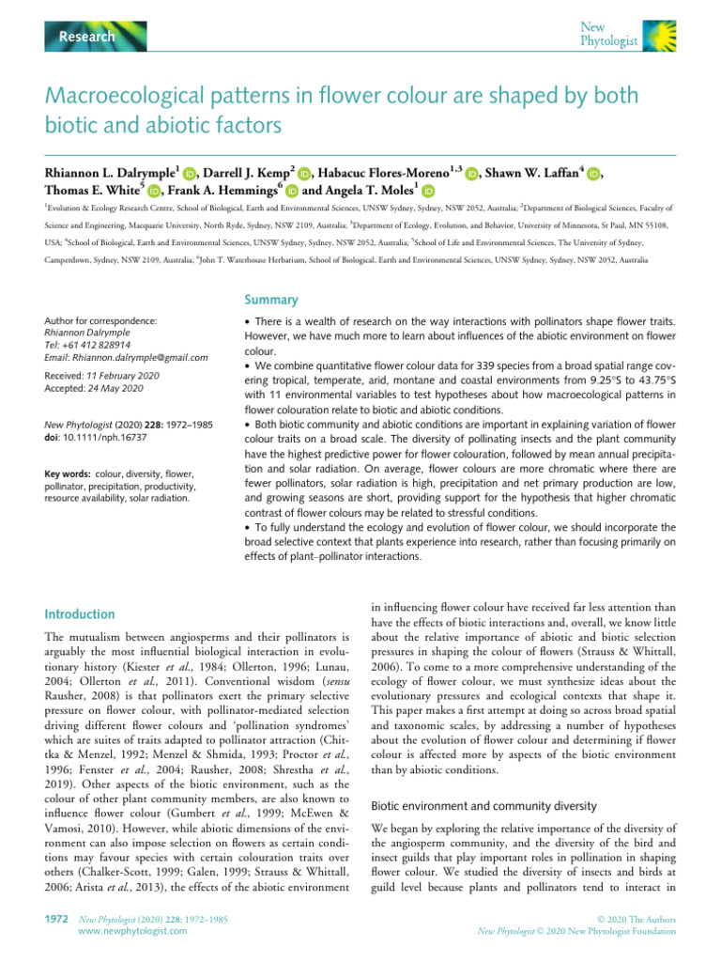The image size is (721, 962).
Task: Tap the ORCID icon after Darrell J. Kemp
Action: (x=304, y=174)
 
